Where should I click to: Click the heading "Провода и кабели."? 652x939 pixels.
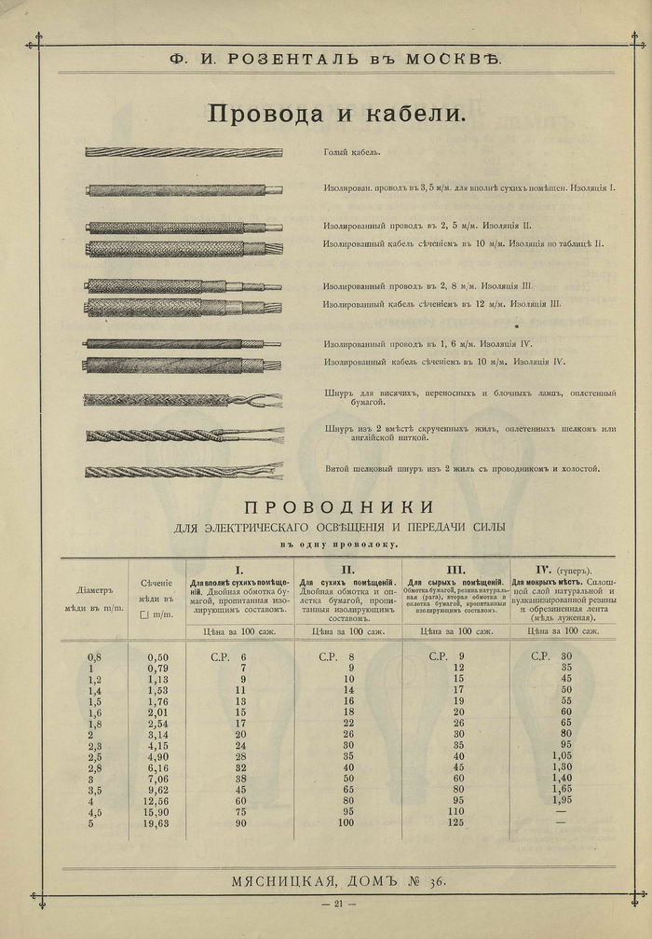click(334, 114)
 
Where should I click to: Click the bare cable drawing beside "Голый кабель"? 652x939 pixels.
click(183, 151)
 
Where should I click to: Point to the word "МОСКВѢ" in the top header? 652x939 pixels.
click(454, 58)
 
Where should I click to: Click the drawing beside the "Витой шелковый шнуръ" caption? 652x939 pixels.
click(183, 471)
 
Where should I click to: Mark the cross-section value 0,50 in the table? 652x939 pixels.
click(158, 656)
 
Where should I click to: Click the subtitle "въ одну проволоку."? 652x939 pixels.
click(339, 543)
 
